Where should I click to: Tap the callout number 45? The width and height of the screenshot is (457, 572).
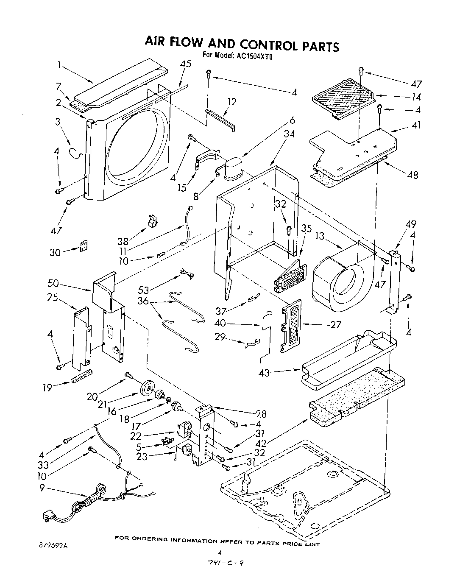tap(186, 64)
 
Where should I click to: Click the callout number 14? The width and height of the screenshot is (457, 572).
tap(416, 97)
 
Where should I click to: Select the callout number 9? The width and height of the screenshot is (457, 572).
tap(42, 488)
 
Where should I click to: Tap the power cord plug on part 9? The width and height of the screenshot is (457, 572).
tap(47, 517)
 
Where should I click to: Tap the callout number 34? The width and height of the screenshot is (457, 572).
tap(290, 134)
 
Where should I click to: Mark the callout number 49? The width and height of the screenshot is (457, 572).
tap(411, 224)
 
